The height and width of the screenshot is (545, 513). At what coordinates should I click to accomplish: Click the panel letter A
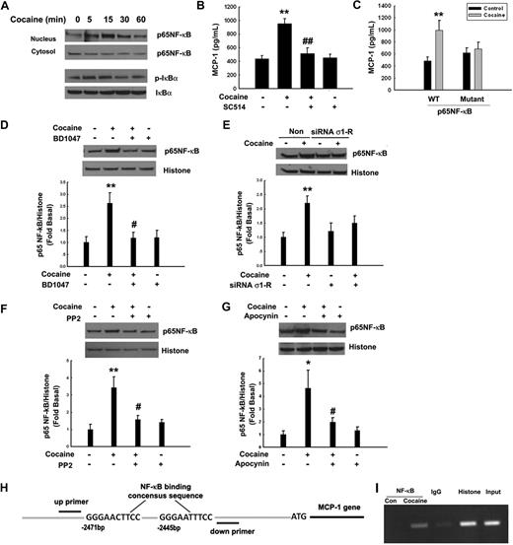pyautogui.click(x=8, y=9)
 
